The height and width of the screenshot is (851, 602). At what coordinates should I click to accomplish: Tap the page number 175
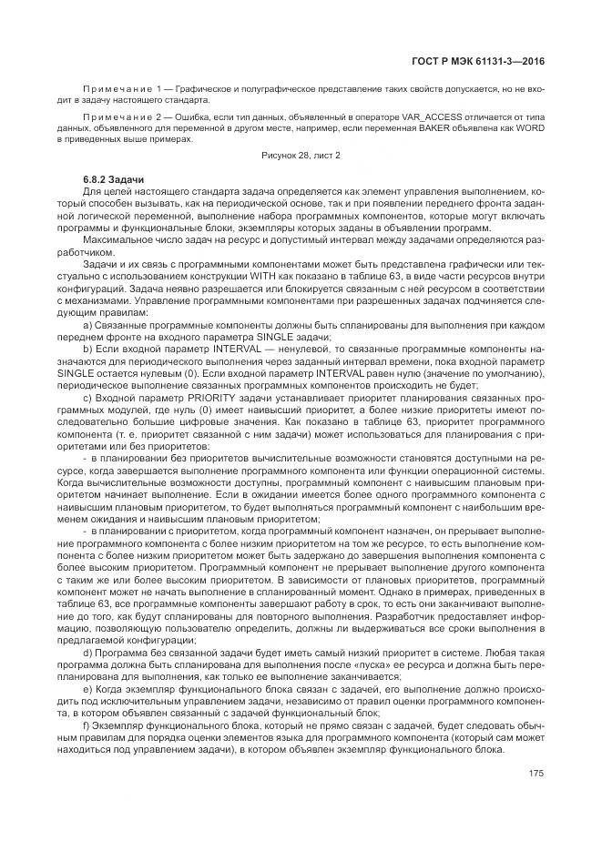(536, 774)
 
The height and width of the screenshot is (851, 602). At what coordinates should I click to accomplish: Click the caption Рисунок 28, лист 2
(300, 156)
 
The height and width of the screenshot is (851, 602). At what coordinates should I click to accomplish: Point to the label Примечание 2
(117, 118)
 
